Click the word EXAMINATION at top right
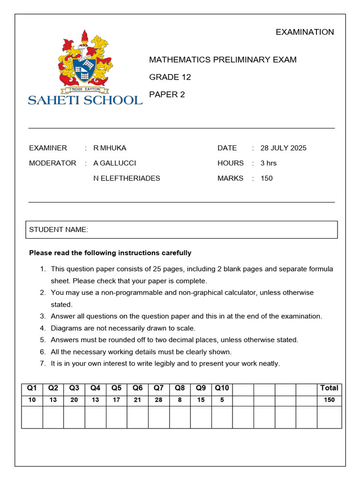(x=305, y=32)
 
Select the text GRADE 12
(x=170, y=77)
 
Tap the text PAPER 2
(x=167, y=94)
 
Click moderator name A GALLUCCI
(x=115, y=163)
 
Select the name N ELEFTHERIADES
(x=127, y=178)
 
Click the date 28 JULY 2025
(x=283, y=148)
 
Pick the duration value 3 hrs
(x=269, y=163)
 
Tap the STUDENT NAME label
(x=59, y=229)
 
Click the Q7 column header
(x=159, y=388)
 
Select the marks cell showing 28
(x=159, y=400)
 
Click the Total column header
(x=329, y=388)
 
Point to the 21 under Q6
(x=138, y=400)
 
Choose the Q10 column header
(x=222, y=388)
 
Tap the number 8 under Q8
(x=180, y=400)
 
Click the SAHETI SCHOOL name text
(x=85, y=99)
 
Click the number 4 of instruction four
(x=42, y=328)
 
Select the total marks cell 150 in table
(x=329, y=400)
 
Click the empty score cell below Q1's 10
(x=32, y=417)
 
